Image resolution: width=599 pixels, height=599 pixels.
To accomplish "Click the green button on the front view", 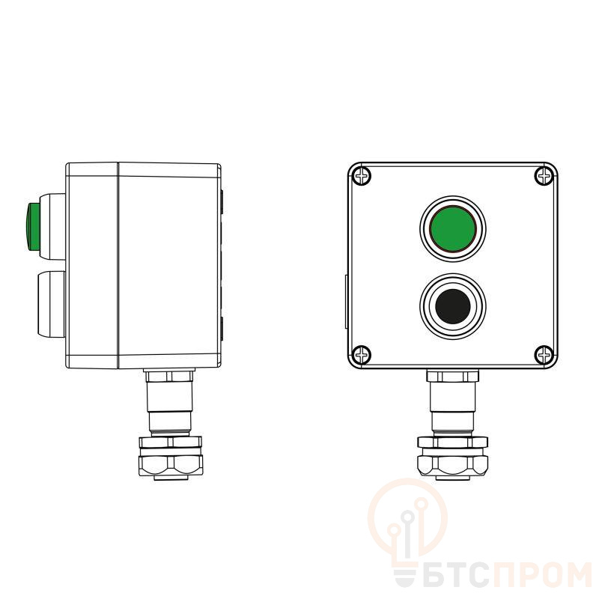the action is (x=453, y=229).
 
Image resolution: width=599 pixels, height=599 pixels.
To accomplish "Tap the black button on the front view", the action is (x=453, y=306).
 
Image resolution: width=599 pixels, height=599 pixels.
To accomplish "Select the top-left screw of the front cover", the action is (x=362, y=176).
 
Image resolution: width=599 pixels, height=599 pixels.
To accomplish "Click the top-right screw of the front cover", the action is (x=544, y=176).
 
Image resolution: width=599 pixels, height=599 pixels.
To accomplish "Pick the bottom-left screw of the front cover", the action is (x=362, y=355).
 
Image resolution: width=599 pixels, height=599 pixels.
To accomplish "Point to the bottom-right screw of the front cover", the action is (x=544, y=355).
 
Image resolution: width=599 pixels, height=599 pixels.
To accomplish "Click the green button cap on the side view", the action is (x=33, y=227).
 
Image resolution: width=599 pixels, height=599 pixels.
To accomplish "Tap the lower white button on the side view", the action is (x=51, y=305).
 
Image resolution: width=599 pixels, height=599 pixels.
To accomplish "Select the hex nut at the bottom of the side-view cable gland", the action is (x=171, y=465).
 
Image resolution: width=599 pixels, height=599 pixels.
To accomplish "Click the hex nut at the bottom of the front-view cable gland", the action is (x=453, y=465).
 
